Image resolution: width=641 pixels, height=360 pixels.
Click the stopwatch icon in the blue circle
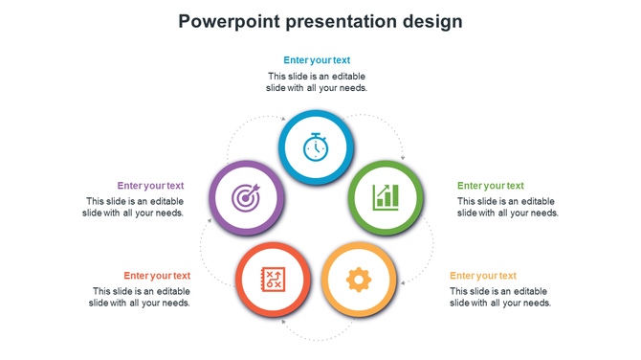pyautogui.click(x=316, y=147)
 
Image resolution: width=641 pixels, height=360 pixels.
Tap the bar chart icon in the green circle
pyautogui.click(x=386, y=198)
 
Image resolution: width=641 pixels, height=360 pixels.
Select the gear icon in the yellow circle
pyautogui.click(x=358, y=280)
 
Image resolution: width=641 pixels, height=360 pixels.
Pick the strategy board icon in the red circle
pyautogui.click(x=273, y=280)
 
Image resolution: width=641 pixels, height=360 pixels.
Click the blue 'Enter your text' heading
pyautogui.click(x=317, y=60)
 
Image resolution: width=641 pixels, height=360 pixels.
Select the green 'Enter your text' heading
pyautogui.click(x=490, y=186)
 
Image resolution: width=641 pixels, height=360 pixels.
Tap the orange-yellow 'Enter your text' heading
pyautogui.click(x=482, y=276)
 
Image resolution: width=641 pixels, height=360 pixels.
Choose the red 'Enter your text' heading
pyautogui.click(x=157, y=276)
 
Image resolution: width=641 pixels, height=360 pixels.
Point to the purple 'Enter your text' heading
pyautogui.click(x=150, y=186)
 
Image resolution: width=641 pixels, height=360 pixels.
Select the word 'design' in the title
pyautogui.click(x=431, y=21)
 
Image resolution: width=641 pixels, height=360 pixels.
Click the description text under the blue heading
pyautogui.click(x=317, y=81)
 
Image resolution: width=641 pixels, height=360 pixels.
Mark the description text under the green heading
pyautogui.click(x=507, y=207)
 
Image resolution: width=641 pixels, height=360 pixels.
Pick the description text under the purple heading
pyautogui.click(x=133, y=207)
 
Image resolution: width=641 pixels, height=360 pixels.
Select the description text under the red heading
pyautogui.click(x=140, y=297)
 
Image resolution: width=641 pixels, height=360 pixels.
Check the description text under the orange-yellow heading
pyautogui.click(x=499, y=297)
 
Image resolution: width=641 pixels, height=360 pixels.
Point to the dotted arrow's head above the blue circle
pyautogui.click(x=284, y=119)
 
